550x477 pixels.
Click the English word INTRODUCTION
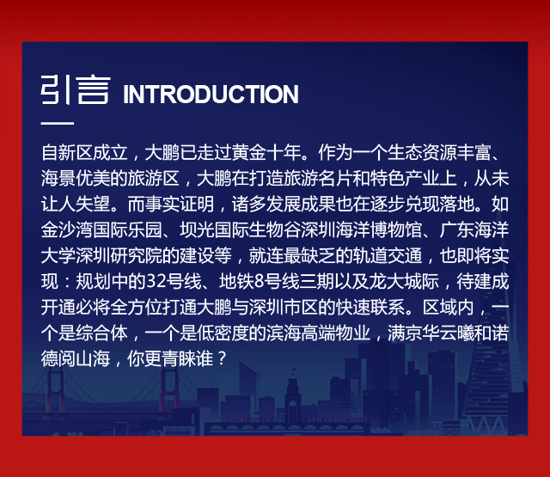(211, 94)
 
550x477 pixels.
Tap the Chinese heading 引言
(76, 89)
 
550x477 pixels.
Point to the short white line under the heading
(58, 123)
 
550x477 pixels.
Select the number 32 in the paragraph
(156, 281)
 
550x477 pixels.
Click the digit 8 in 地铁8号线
(259, 281)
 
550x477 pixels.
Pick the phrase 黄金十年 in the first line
(266, 152)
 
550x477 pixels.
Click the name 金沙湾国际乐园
(101, 229)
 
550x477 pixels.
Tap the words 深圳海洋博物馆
(361, 229)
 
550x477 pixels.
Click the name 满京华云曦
(431, 333)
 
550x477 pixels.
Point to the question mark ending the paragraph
(221, 358)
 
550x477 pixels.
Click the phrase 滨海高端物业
(318, 333)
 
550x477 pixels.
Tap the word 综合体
(101, 333)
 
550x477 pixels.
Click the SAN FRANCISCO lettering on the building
(337, 419)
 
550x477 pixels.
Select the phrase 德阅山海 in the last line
(76, 358)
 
